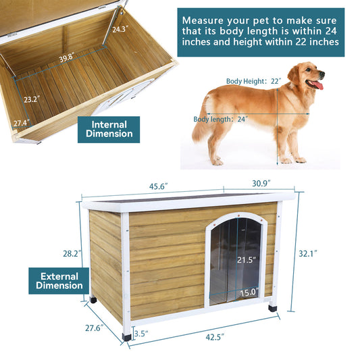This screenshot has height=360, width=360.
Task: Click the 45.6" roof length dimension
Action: point(159,186)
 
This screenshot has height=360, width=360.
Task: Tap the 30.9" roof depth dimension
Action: point(261,184)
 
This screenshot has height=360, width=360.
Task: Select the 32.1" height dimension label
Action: point(308,253)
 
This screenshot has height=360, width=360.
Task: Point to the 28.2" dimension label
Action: point(72,253)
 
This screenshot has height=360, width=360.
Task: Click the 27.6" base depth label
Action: point(94,328)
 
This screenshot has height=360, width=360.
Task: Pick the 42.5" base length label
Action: point(215,337)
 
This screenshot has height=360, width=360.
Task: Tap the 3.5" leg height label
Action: point(141,334)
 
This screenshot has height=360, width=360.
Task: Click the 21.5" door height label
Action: point(247,260)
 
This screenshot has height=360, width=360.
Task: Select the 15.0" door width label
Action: point(249,292)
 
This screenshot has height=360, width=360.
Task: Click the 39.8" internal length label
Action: point(67,57)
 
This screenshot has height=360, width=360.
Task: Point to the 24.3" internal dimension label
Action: point(120,29)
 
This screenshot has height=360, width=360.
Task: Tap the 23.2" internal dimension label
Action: point(32,99)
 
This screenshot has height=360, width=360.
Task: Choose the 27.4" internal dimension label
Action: point(22,123)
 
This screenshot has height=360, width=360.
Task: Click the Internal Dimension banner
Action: point(109,130)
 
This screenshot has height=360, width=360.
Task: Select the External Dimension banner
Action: point(59,281)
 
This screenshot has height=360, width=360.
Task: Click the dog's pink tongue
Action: point(318,85)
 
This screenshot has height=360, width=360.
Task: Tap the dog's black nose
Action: point(322,74)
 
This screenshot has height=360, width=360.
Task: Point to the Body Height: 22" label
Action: point(254,81)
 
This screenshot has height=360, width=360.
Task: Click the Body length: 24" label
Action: point(221,119)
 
